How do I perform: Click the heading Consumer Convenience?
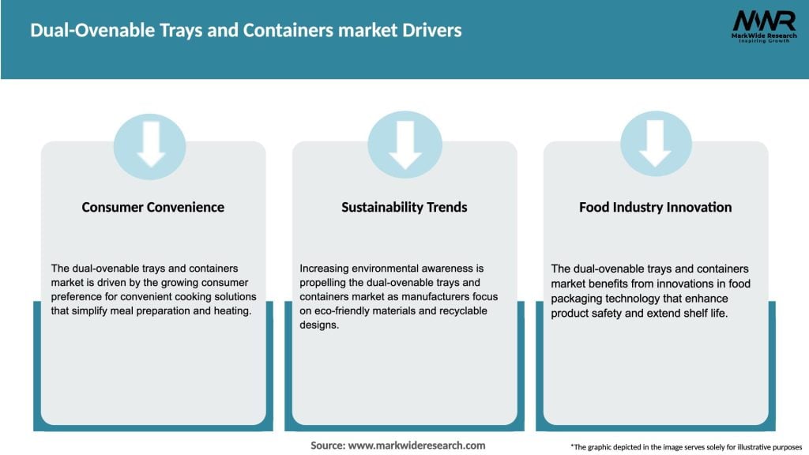click(x=152, y=208)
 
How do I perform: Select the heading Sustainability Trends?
click(x=404, y=208)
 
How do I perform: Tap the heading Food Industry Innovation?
click(x=655, y=208)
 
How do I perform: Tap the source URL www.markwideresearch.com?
click(x=416, y=446)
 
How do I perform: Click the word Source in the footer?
click(x=326, y=446)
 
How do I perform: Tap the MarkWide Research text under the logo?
click(x=762, y=36)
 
